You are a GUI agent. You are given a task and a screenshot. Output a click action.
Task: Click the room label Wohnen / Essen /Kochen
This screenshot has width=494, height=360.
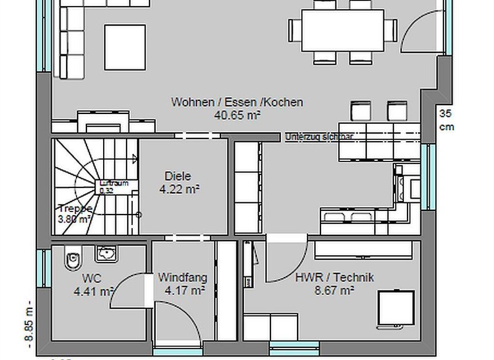(237, 102)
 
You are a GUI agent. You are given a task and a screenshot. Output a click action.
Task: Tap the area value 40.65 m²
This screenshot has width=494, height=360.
(237, 115)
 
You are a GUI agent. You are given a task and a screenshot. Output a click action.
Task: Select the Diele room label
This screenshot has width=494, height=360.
(178, 176)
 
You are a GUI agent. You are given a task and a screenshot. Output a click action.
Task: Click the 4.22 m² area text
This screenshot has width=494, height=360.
(179, 189)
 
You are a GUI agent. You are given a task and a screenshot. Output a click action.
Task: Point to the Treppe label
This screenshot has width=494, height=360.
(75, 208)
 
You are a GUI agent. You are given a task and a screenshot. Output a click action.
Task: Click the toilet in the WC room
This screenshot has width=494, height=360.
(72, 260)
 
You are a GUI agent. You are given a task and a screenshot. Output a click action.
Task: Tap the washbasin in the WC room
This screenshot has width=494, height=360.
(105, 254)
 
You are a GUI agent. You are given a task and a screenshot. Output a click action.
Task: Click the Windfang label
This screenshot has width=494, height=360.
(183, 278)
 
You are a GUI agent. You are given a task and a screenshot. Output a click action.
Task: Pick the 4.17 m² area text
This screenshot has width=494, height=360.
(185, 291)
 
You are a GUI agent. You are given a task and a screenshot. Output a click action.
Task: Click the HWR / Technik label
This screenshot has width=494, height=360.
(334, 278)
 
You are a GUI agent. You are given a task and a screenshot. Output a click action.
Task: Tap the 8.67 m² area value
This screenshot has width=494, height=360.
(334, 291)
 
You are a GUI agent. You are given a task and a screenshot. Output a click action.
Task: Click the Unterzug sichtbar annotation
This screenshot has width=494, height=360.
(319, 137)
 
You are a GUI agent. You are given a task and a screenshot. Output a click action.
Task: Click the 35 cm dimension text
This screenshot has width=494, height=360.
(446, 120)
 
